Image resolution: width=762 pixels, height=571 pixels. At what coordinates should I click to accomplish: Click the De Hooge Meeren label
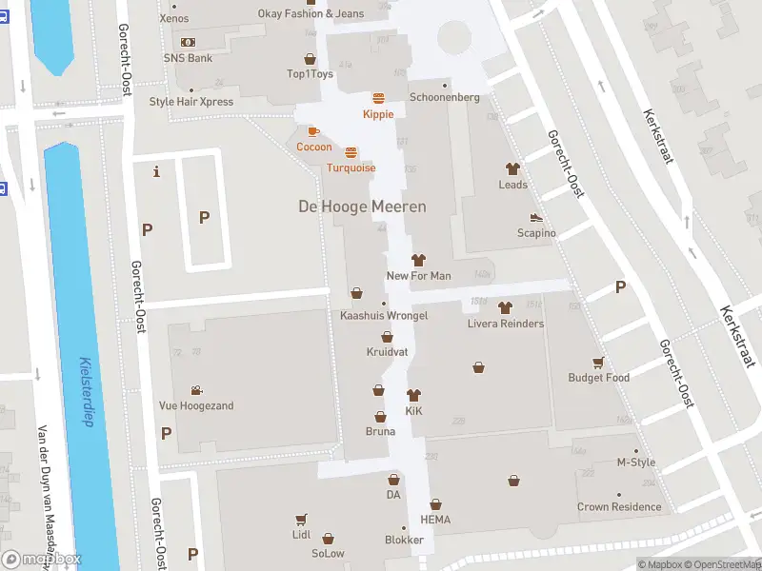[362, 207]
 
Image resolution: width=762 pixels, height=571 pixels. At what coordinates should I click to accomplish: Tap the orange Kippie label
[378, 114]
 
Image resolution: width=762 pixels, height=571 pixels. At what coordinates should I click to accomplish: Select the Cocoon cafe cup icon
[313, 131]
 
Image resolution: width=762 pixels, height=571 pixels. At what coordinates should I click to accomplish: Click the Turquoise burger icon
[351, 152]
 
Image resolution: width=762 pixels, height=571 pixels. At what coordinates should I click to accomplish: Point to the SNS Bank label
[188, 58]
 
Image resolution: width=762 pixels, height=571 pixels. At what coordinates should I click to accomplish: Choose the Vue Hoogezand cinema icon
[196, 390]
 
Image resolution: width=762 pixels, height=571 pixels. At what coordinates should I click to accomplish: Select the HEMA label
[435, 520]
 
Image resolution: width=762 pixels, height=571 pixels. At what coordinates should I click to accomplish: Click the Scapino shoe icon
[536, 218]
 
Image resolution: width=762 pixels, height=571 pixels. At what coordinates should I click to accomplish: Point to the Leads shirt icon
[512, 168]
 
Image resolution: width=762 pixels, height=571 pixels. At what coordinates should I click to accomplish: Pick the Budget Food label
[598, 378]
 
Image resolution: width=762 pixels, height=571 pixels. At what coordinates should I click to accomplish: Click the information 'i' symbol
[156, 171]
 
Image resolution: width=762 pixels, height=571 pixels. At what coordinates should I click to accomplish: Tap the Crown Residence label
[619, 507]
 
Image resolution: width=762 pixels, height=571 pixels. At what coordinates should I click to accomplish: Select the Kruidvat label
[387, 352]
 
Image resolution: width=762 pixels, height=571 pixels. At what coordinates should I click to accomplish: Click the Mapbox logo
[42, 560]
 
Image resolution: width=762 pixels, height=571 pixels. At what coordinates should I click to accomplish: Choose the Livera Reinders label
[505, 324]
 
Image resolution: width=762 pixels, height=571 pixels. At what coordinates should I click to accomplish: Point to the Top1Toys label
[309, 73]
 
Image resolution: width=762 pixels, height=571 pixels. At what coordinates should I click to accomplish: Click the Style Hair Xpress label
[190, 102]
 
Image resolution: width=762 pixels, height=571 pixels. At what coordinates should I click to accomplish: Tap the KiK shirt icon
[413, 395]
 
